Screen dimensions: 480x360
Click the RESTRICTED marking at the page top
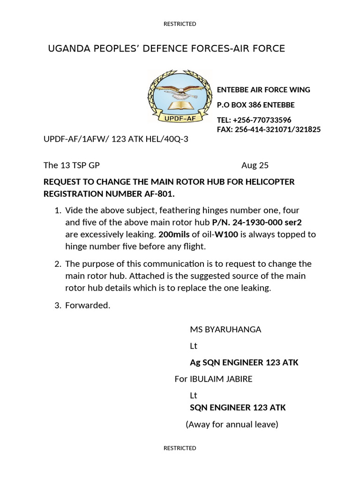[x=180, y=24]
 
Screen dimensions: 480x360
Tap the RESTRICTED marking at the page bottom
[x=180, y=448]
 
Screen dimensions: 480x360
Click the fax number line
[x=269, y=129]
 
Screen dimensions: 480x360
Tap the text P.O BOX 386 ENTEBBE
[x=255, y=105]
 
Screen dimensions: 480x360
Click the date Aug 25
[x=255, y=165]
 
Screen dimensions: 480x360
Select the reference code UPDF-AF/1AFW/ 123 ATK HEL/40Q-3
[x=116, y=140]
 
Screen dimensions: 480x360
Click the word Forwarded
[x=88, y=306]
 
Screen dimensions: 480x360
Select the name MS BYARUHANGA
[x=225, y=330]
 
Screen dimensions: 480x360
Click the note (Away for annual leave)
[x=232, y=425]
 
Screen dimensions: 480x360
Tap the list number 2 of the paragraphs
[x=58, y=264]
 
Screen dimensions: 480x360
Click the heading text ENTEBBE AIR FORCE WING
[x=263, y=90]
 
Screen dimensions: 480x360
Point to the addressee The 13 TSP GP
[x=71, y=165]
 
